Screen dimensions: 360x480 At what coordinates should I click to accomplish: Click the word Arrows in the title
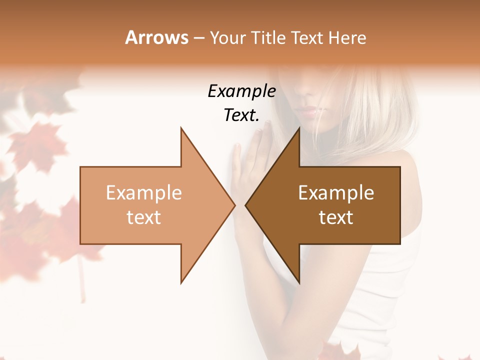[156, 37]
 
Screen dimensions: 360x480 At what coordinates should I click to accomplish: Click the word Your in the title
[227, 38]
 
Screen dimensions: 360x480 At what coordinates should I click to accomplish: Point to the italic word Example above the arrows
[241, 91]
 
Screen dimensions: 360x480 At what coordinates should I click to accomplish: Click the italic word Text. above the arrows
[241, 115]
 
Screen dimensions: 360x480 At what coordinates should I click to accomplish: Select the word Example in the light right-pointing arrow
[143, 193]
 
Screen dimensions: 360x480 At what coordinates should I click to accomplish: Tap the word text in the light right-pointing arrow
[143, 217]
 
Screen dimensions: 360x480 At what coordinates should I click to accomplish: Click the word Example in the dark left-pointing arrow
[336, 193]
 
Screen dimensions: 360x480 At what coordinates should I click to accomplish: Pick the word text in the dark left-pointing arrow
[336, 217]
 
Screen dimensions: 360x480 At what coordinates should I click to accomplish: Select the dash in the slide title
[198, 38]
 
